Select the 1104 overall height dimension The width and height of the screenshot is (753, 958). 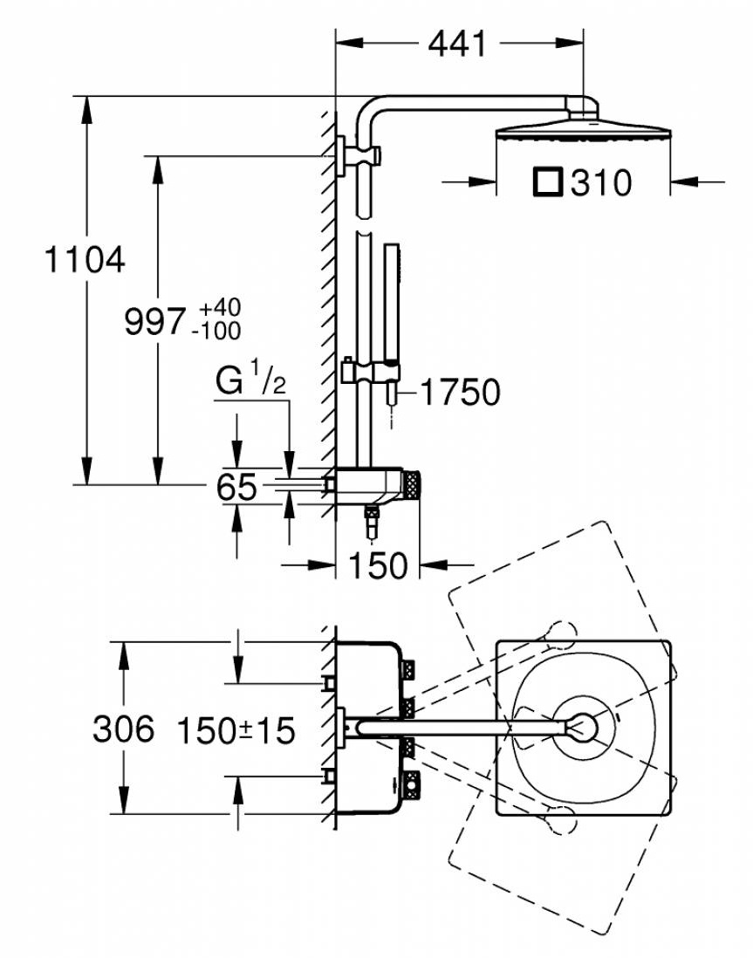[x=85, y=259]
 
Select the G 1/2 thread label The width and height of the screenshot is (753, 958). [x=250, y=381]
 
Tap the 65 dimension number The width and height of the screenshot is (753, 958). [x=237, y=488]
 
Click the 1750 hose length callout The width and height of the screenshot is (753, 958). [x=460, y=392]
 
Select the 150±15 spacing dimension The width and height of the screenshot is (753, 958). [x=236, y=729]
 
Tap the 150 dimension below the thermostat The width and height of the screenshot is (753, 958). [x=378, y=565]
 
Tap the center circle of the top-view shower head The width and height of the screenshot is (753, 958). [x=584, y=726]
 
